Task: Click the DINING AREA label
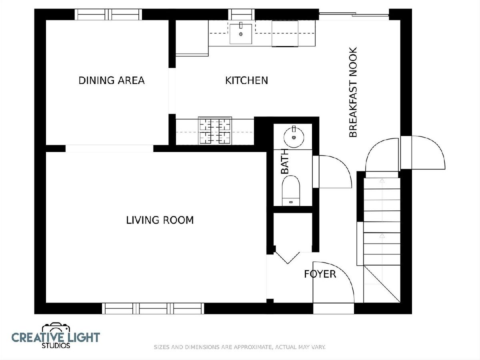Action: (x=112, y=80)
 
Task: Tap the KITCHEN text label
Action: (x=246, y=80)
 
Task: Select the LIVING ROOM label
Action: (x=160, y=220)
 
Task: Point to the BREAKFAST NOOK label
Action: (x=353, y=92)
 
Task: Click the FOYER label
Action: (x=320, y=274)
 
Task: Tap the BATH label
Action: (x=285, y=161)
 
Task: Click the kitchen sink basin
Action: (x=240, y=34)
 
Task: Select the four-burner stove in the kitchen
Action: (x=215, y=131)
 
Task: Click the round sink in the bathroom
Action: (x=294, y=137)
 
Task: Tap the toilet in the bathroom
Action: (x=291, y=191)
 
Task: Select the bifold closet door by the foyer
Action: (x=287, y=258)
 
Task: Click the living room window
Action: (x=153, y=309)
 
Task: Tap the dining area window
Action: (x=108, y=15)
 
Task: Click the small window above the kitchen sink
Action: (x=242, y=15)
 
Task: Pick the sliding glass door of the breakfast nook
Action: (x=354, y=15)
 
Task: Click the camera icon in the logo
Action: (x=56, y=328)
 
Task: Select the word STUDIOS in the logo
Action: (x=56, y=346)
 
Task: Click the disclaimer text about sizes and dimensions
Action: (x=240, y=347)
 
